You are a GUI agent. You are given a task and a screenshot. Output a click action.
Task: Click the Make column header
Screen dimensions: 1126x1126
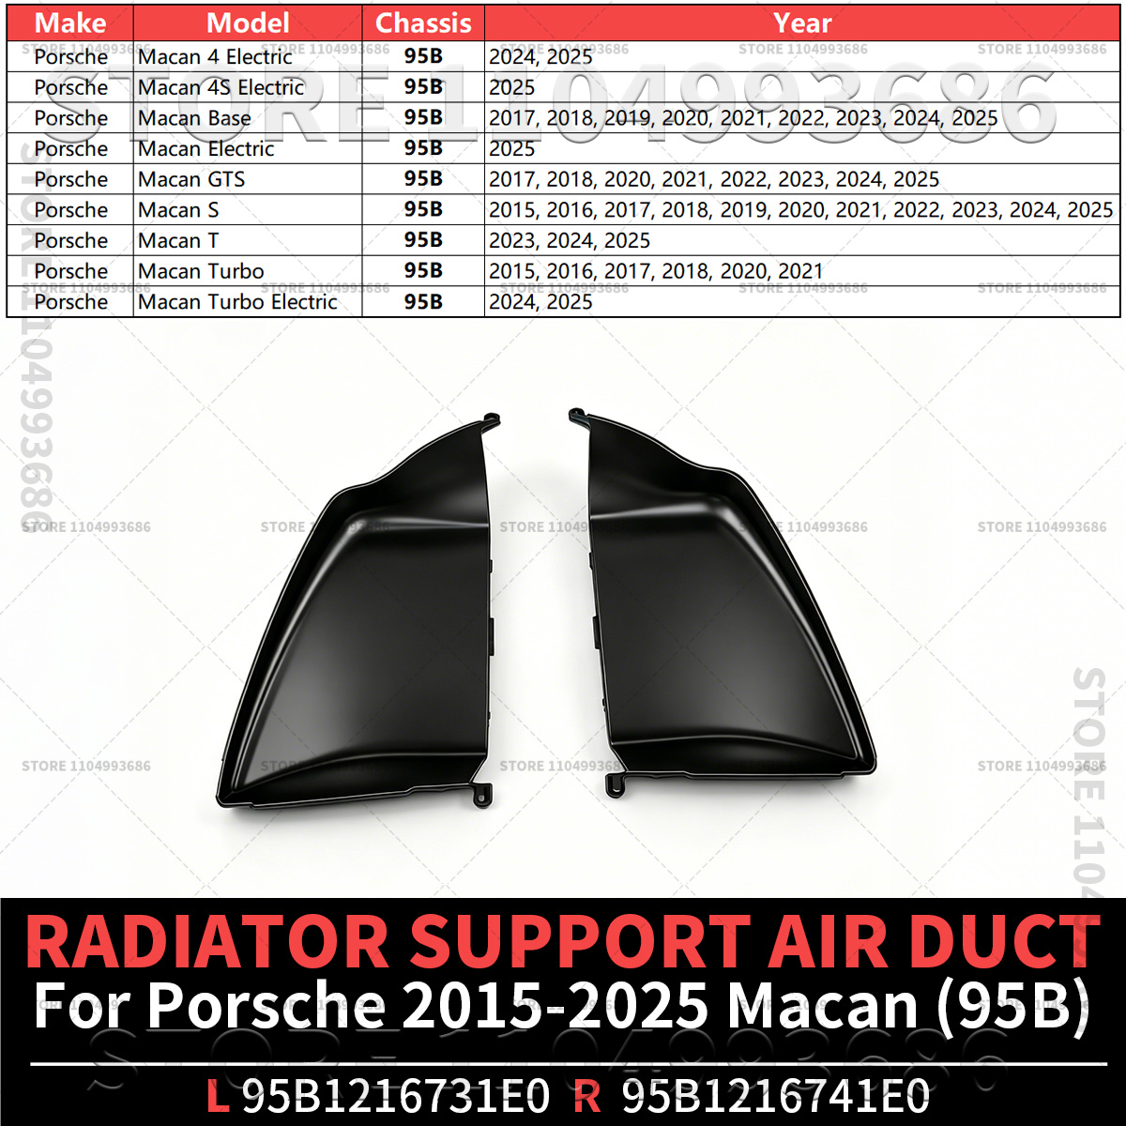pyautogui.click(x=70, y=23)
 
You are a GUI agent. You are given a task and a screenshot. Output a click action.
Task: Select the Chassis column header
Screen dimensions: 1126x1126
pyautogui.click(x=423, y=23)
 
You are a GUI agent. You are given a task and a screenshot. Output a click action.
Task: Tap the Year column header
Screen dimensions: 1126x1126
pyautogui.click(x=801, y=23)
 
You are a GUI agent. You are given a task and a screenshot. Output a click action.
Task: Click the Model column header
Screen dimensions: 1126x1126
pyautogui.click(x=248, y=23)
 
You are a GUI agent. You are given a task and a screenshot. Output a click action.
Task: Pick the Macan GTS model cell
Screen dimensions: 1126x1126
pyautogui.click(x=191, y=179)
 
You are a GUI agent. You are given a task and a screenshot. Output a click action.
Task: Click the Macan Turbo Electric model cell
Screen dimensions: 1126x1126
pyautogui.click(x=237, y=302)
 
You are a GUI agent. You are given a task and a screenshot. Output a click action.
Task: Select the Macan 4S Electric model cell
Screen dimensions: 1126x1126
pyautogui.click(x=221, y=87)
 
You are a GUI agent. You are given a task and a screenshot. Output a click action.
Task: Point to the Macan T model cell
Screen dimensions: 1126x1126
pyautogui.click(x=178, y=241)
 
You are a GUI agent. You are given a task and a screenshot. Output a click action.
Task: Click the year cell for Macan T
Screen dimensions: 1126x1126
pyautogui.click(x=570, y=241)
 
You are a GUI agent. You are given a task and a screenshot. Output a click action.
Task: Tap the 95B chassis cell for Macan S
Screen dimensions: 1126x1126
pyautogui.click(x=423, y=210)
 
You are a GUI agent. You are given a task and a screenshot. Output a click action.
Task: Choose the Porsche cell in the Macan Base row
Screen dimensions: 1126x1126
pyautogui.click(x=70, y=118)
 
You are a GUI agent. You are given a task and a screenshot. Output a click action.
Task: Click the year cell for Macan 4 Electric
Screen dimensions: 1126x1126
pyautogui.click(x=540, y=56)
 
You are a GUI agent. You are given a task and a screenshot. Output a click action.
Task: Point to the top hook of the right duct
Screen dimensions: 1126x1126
pyautogui.click(x=578, y=416)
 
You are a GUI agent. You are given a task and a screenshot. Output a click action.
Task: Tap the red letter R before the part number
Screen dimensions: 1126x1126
pyautogui.click(x=586, y=1095)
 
